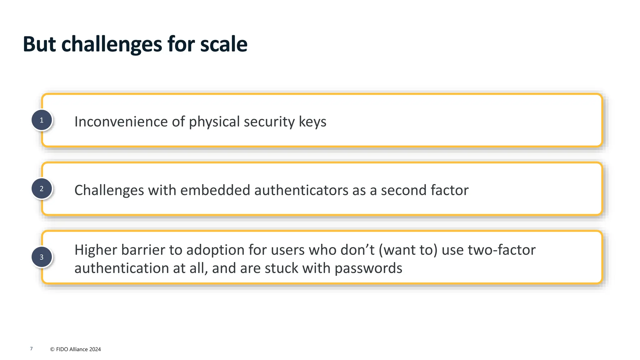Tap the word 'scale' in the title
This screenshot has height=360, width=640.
click(224, 44)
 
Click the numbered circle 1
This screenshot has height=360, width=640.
click(42, 120)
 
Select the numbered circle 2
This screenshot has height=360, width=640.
click(42, 189)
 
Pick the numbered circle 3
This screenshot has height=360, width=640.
click(42, 257)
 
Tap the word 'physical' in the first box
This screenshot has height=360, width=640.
click(214, 122)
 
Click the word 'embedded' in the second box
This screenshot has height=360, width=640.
click(215, 190)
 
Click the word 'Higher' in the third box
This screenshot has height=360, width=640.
click(96, 250)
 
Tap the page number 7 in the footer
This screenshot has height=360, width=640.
click(31, 349)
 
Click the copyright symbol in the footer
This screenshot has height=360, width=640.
click(52, 349)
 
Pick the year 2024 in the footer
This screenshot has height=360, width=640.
click(95, 349)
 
